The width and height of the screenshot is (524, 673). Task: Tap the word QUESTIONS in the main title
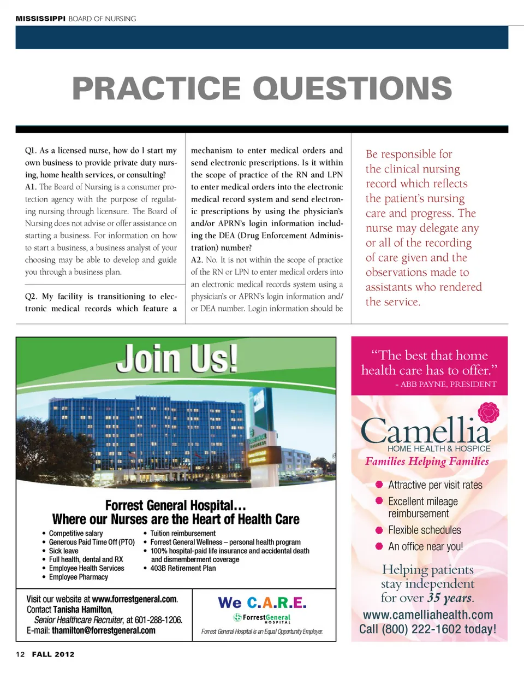[352, 88]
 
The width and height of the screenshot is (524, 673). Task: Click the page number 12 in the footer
[20, 654]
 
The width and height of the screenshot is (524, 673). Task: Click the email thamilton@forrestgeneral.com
[103, 630]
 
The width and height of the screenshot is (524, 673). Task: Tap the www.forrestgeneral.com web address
[135, 598]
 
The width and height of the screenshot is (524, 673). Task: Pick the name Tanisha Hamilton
[82, 609]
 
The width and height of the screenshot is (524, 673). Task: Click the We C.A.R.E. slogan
[261, 603]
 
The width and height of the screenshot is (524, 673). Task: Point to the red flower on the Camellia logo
[487, 413]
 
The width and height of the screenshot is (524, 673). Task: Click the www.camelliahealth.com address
[428, 616]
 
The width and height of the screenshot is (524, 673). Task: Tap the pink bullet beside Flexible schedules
[378, 530]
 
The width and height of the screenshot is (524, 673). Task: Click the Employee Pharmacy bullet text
[79, 577]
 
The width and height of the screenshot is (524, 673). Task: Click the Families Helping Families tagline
[427, 462]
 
